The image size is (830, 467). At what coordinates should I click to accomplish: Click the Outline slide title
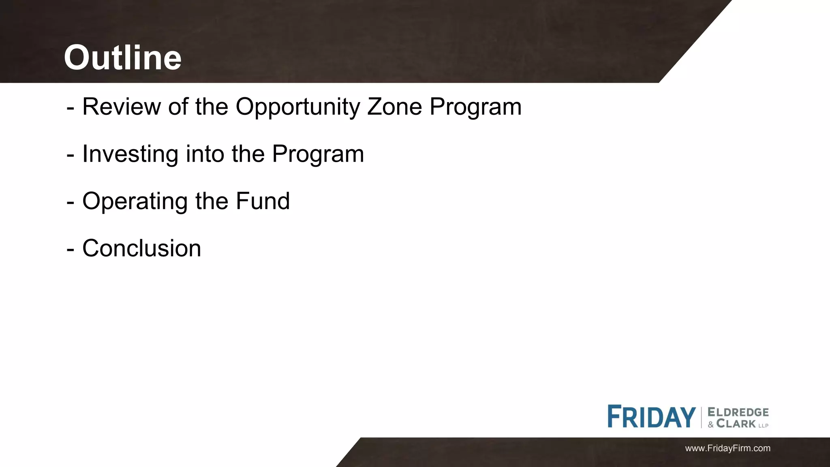tap(122, 58)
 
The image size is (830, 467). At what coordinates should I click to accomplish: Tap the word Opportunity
tap(298, 107)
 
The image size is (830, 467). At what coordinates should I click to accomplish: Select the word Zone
tap(394, 107)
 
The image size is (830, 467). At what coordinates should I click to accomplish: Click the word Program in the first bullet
tap(475, 107)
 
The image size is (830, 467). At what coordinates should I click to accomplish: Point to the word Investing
tap(130, 154)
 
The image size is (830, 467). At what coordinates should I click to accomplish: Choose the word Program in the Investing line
tap(318, 154)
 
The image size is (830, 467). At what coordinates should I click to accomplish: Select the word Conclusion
tap(141, 248)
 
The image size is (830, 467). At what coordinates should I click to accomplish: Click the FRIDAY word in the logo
tap(651, 417)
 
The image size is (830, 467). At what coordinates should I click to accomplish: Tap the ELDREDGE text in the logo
tap(738, 412)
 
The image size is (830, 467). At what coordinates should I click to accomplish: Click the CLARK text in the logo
tap(736, 424)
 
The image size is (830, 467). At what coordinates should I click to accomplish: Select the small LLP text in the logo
tap(764, 426)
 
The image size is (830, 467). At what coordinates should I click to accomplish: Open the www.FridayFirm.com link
tap(727, 448)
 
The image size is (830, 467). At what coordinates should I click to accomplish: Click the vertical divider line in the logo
tap(702, 417)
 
